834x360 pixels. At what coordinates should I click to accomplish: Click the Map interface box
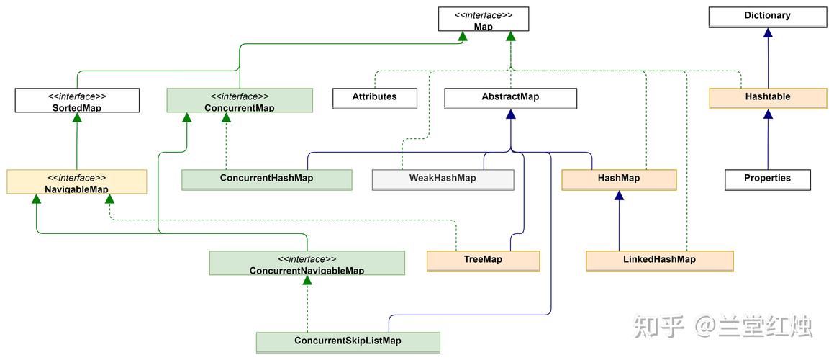(x=483, y=19)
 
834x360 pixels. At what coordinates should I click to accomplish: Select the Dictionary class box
(x=767, y=17)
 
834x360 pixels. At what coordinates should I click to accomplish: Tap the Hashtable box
(x=767, y=98)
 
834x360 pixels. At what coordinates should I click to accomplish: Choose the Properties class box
(x=767, y=179)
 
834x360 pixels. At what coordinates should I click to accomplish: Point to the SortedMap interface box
(x=77, y=101)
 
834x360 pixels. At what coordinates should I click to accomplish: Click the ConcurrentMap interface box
(x=240, y=101)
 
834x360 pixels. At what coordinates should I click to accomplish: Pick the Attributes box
(x=374, y=98)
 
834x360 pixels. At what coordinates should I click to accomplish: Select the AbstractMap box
(x=510, y=98)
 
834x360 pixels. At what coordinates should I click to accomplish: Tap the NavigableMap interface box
(x=77, y=182)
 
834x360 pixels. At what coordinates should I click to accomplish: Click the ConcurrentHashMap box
(x=266, y=179)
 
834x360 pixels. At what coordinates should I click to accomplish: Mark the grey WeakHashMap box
(x=443, y=179)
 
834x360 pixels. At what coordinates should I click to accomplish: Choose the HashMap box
(x=618, y=179)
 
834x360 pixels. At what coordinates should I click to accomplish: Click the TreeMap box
(x=483, y=261)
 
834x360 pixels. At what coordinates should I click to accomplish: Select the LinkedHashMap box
(x=659, y=261)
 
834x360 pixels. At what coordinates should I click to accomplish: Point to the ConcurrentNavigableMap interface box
(x=307, y=264)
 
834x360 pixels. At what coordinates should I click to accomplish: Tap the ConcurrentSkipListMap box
(x=348, y=342)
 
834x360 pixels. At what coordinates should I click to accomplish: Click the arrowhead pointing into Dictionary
(x=768, y=32)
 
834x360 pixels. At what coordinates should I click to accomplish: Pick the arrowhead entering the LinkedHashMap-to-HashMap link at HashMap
(x=618, y=195)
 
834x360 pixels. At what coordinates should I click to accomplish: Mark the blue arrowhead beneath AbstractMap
(x=510, y=114)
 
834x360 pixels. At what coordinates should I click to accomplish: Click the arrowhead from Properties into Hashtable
(x=768, y=114)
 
